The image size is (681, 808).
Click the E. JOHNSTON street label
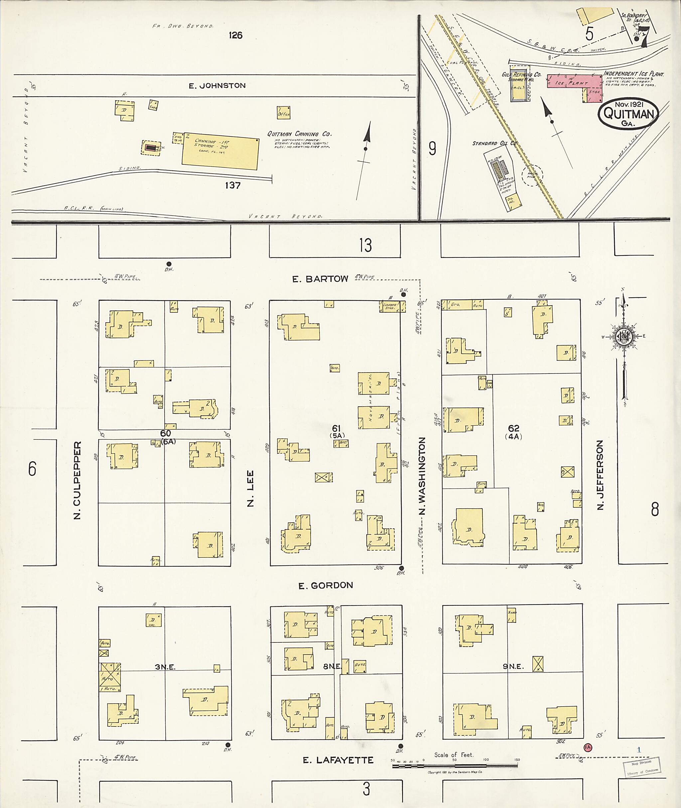tap(217, 86)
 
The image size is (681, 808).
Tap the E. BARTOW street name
tap(320, 279)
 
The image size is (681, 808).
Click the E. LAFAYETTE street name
tap(338, 760)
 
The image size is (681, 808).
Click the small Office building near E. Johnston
tap(283, 112)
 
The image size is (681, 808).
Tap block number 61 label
tap(337, 428)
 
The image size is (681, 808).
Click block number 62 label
tap(513, 428)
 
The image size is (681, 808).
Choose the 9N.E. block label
tap(513, 666)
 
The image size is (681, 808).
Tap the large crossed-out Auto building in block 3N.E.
tap(110, 674)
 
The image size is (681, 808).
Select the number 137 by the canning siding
tap(233, 185)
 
